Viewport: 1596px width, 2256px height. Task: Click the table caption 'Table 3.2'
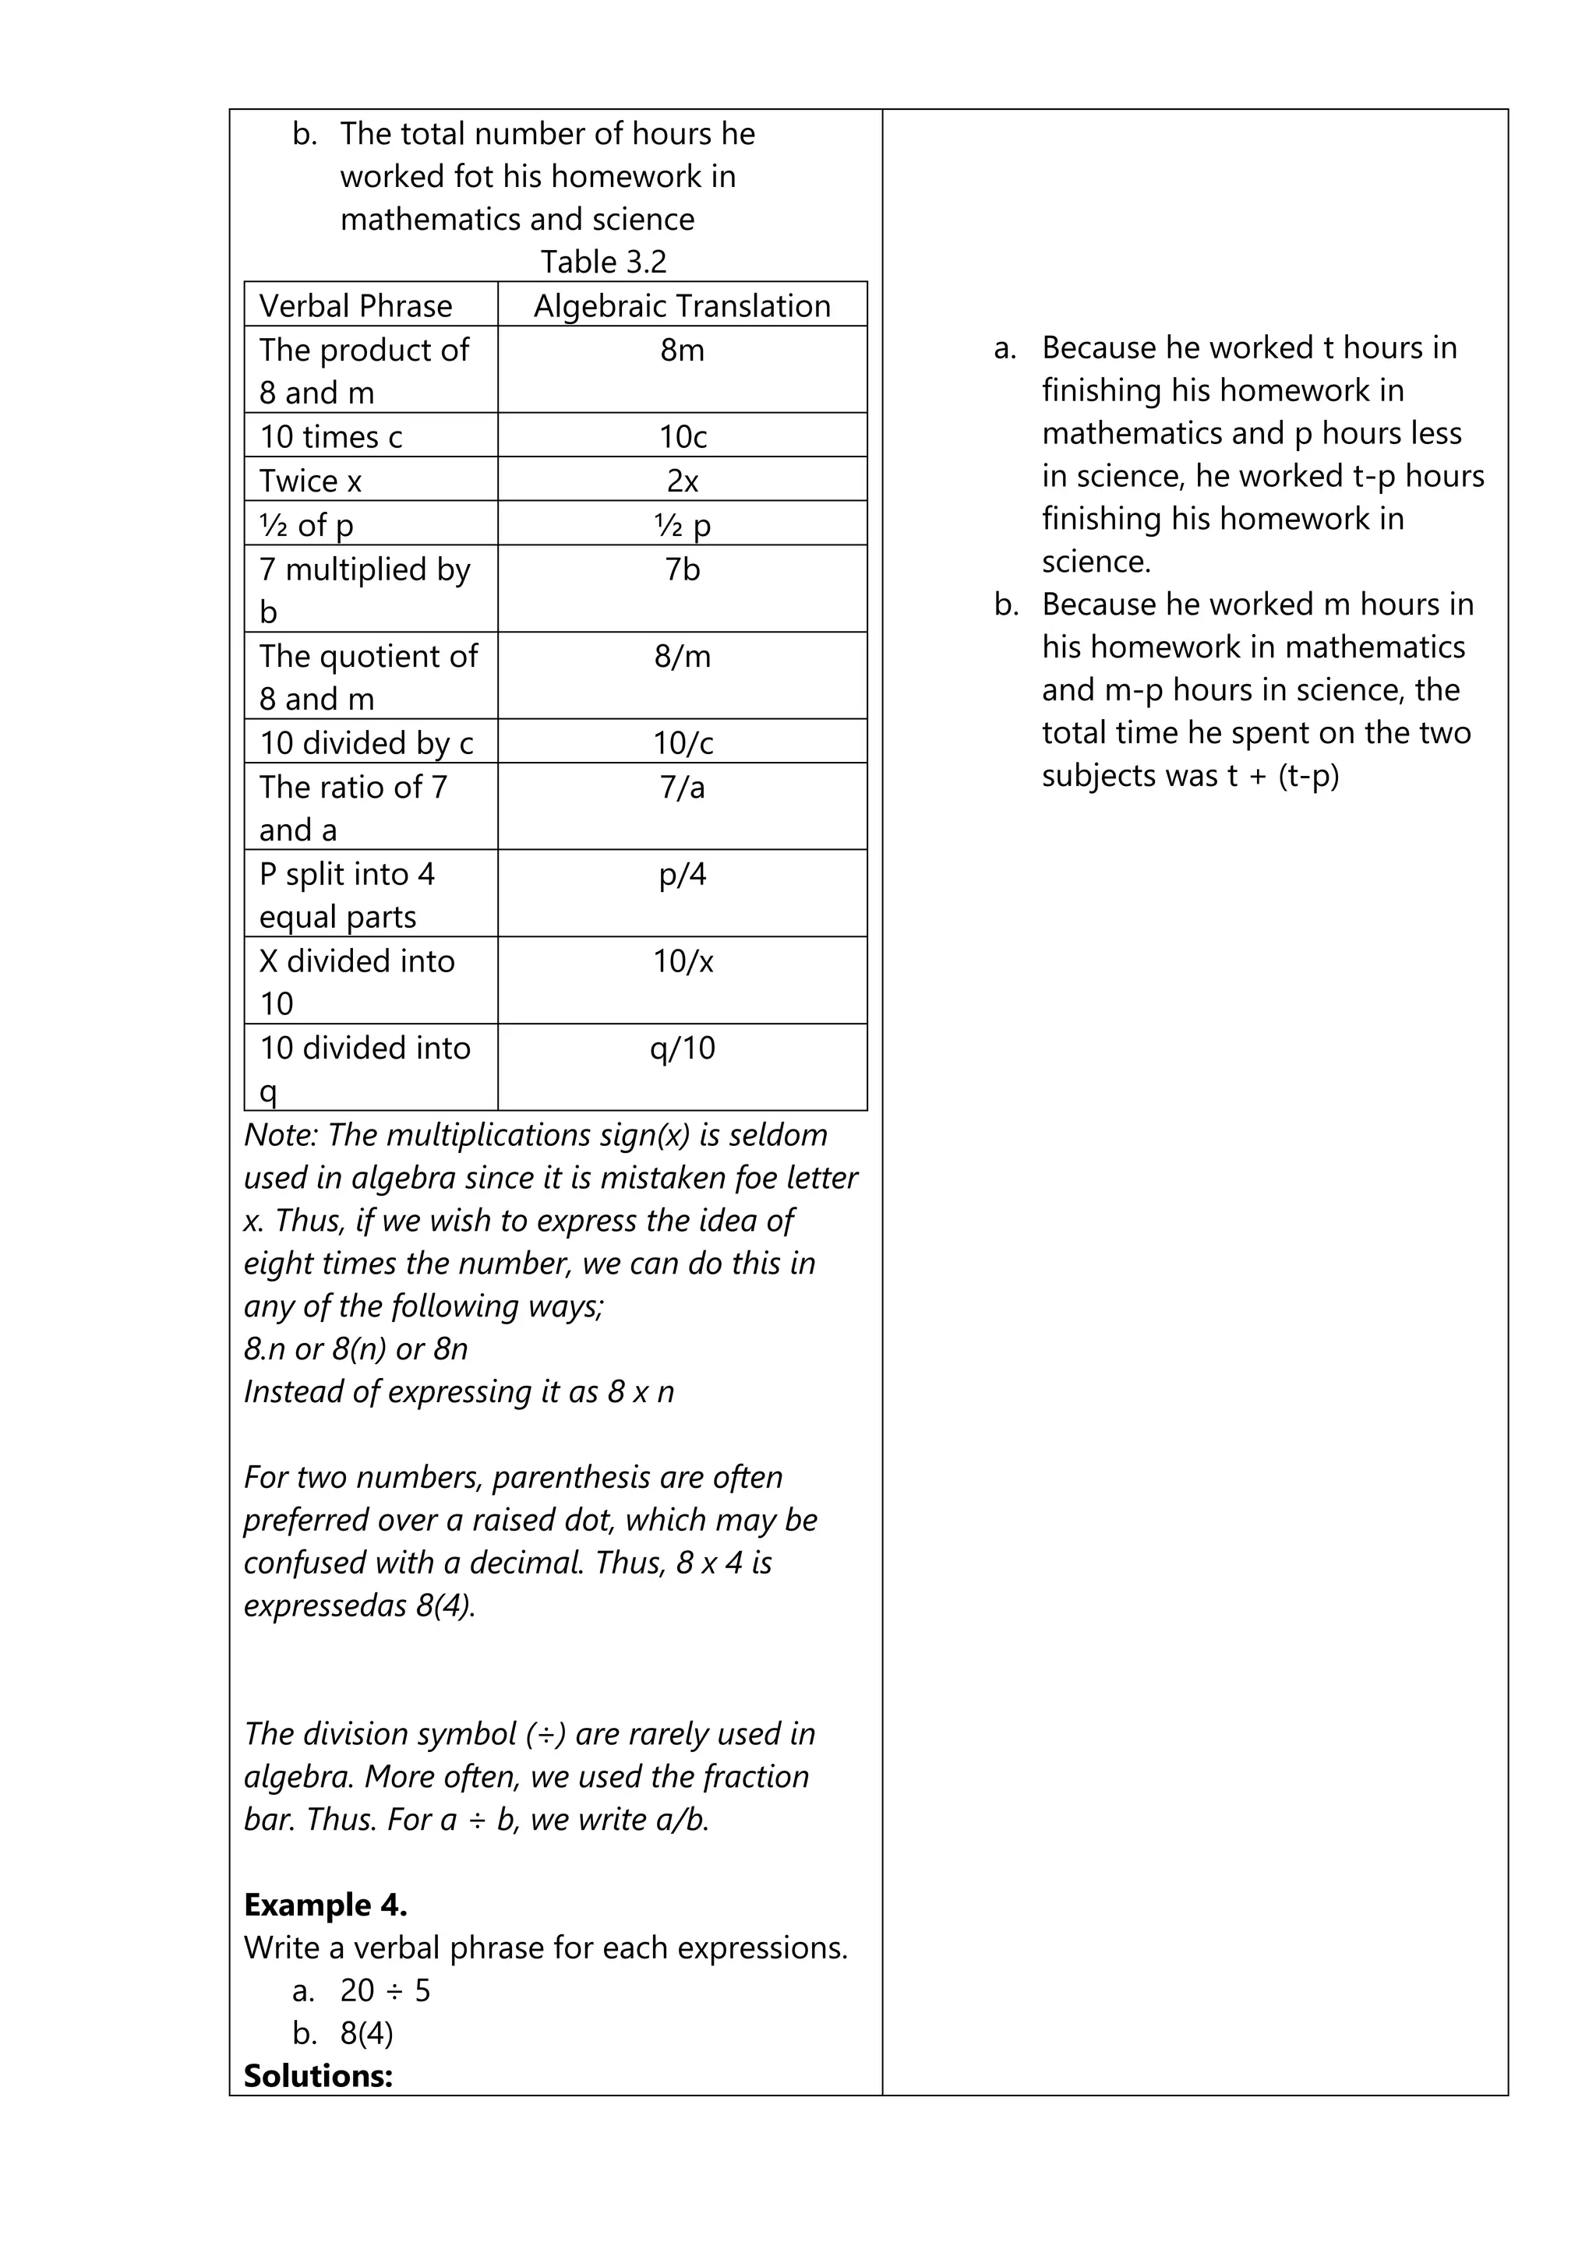click(x=603, y=263)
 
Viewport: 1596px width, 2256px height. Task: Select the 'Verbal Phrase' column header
click(x=356, y=305)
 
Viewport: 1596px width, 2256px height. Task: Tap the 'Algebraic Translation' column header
click(x=682, y=305)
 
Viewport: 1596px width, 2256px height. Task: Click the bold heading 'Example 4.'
click(x=325, y=1905)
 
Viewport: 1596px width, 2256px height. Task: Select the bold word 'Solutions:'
click(x=319, y=2076)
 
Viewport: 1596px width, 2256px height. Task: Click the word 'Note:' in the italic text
click(x=281, y=1135)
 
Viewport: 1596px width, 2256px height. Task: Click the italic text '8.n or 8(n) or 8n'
click(x=356, y=1349)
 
